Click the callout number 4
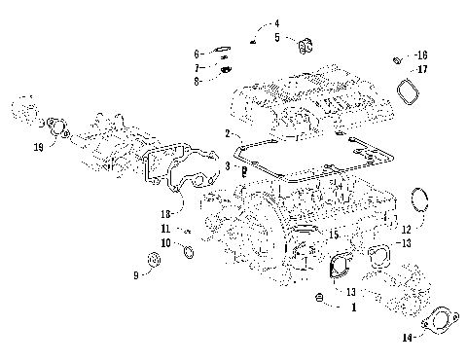(275, 22)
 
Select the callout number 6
(198, 53)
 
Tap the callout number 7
(198, 67)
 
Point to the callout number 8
(198, 81)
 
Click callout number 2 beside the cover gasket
(227, 133)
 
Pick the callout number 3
(227, 167)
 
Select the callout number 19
(38, 147)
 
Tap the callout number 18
(166, 213)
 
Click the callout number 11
(166, 230)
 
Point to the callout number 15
(307, 235)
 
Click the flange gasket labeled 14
(443, 322)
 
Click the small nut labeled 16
(396, 60)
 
